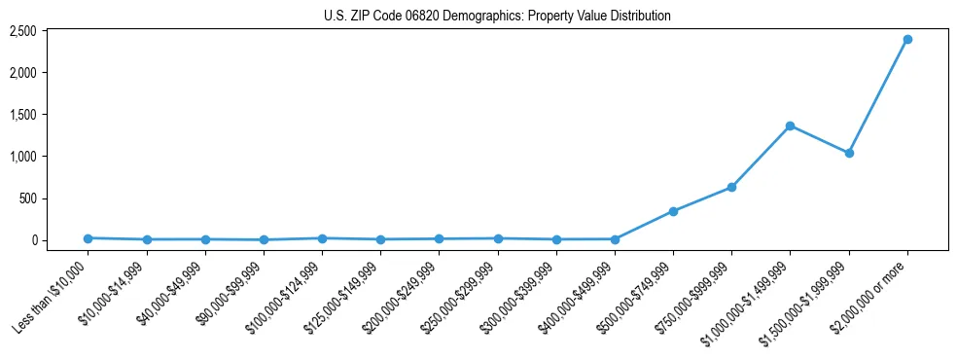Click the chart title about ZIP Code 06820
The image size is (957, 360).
[497, 16]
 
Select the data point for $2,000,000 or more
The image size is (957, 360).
[907, 39]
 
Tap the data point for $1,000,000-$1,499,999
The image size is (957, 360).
[790, 126]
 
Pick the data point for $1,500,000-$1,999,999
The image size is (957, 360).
[849, 153]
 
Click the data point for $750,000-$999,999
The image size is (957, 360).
[731, 187]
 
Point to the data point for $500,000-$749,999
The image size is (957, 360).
[673, 211]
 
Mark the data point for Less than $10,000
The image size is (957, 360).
[88, 238]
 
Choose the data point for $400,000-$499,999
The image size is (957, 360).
[615, 239]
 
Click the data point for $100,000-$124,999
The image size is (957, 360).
[322, 238]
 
